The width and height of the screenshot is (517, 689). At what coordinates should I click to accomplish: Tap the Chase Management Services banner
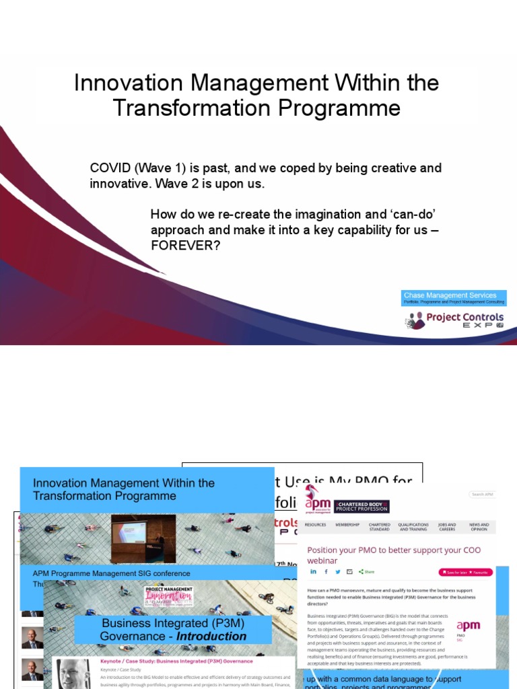(453, 297)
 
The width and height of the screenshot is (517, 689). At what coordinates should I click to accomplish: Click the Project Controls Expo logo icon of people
(415, 320)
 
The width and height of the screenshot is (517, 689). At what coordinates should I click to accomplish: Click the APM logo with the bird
(317, 502)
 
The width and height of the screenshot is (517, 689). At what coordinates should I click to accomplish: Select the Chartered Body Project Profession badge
(361, 506)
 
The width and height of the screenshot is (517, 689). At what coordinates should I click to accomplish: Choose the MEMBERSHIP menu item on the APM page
(347, 525)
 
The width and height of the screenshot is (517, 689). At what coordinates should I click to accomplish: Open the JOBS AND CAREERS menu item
(447, 527)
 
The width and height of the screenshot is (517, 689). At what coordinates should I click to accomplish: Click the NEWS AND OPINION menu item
(479, 527)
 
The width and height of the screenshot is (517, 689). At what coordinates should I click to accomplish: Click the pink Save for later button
(454, 572)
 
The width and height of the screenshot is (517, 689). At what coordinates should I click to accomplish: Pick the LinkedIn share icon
(313, 571)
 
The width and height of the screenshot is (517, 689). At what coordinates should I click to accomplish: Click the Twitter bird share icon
(337, 571)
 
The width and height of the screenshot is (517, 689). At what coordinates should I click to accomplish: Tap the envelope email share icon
(349, 571)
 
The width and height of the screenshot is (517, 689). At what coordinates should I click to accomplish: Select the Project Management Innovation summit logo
(168, 596)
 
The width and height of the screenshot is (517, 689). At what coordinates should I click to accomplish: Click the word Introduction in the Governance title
(211, 637)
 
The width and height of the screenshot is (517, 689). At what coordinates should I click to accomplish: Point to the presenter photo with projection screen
(143, 538)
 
